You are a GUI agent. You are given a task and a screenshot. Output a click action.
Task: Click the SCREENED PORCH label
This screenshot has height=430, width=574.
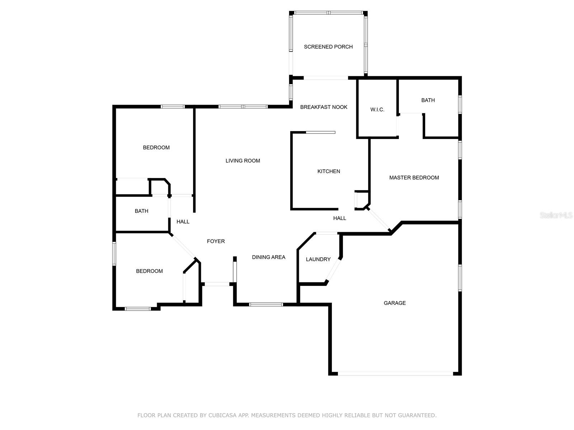(x=328, y=47)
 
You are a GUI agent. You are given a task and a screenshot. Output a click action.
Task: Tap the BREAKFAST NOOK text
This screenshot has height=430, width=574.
(x=324, y=107)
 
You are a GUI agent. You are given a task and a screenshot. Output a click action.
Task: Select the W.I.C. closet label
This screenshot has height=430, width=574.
(x=377, y=110)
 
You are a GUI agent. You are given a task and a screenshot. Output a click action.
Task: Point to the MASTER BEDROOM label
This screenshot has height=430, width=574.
(x=414, y=178)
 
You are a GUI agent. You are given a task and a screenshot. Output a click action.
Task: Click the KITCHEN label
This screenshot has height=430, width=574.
(x=329, y=171)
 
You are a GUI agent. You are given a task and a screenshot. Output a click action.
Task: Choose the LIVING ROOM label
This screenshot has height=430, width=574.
(x=243, y=161)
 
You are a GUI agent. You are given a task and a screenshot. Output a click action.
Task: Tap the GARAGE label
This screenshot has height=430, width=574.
(x=395, y=303)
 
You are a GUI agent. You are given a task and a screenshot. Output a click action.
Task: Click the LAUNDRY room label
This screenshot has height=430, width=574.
(x=318, y=259)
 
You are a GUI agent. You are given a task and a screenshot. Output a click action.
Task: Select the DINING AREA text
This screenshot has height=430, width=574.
(x=268, y=257)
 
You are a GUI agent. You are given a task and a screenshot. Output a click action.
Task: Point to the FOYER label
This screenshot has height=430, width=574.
(x=216, y=242)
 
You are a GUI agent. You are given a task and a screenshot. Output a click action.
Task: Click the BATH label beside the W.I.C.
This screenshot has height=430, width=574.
(x=428, y=100)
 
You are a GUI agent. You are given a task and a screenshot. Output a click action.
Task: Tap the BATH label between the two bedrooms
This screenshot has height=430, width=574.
(x=141, y=211)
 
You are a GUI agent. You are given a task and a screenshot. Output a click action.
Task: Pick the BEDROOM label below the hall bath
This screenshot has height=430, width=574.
(x=149, y=271)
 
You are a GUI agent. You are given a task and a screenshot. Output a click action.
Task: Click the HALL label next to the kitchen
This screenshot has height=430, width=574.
(x=339, y=218)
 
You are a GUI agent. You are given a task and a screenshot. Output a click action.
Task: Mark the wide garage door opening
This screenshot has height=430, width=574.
(x=395, y=374)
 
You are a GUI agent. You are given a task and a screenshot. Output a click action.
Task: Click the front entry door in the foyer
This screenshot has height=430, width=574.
(x=217, y=284)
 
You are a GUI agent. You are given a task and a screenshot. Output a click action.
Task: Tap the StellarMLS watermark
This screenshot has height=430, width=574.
(x=556, y=215)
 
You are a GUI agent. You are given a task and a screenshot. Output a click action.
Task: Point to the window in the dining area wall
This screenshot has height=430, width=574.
(x=266, y=305)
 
